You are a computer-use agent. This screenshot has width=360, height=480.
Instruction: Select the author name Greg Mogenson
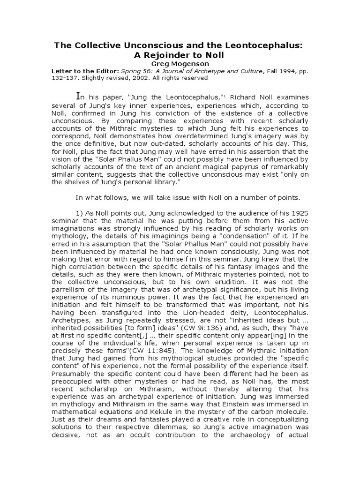point(180,63)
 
